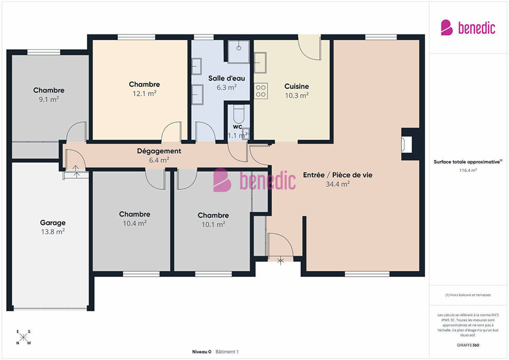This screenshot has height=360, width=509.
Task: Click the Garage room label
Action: coord(52,223)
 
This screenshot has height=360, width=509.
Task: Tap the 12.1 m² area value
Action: coord(144,94)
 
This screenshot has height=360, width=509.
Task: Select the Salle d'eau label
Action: coord(227,78)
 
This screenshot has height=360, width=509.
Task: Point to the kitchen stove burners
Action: coord(261,91)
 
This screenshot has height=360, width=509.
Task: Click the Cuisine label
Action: coord(297,86)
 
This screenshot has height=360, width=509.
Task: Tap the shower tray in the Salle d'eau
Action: coord(239,51)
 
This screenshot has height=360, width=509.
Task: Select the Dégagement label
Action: coord(159,151)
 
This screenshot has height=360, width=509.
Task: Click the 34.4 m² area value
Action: coord(338,184)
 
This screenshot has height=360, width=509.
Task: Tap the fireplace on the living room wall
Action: coord(407,144)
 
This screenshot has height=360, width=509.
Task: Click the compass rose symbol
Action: coord(23,337)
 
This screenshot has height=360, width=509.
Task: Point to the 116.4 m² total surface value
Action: coord(468,170)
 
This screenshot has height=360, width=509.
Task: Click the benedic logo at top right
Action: coord(468,28)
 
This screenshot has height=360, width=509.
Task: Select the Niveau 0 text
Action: coord(202,352)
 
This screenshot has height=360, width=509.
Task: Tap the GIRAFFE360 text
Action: coord(468,345)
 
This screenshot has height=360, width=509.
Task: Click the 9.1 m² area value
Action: coord(49,99)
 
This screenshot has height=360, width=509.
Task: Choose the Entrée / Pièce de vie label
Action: coord(338,175)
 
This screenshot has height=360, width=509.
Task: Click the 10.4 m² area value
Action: coord(135,223)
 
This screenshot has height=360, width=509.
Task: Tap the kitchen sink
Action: coord(260,62)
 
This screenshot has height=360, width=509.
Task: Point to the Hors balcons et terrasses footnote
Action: coord(468,295)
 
